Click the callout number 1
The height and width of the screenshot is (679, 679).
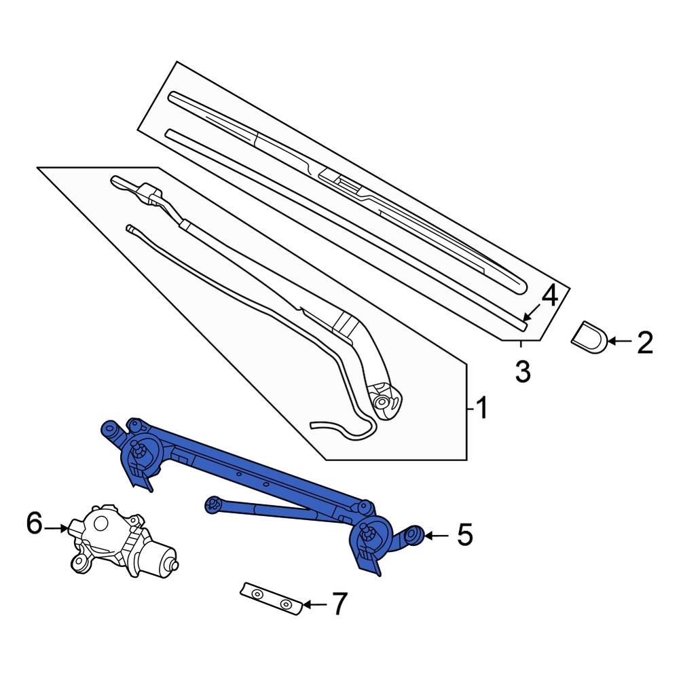[x=481, y=409]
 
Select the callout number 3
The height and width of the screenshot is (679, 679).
[x=521, y=371]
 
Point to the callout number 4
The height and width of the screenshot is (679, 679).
[x=549, y=296]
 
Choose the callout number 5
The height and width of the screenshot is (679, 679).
[x=464, y=535]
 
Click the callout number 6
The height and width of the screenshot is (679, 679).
[x=35, y=524]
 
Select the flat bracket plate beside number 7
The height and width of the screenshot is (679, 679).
[x=272, y=598]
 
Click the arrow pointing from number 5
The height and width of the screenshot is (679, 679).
[x=437, y=535]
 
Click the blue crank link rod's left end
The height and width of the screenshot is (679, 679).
[x=213, y=502]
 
